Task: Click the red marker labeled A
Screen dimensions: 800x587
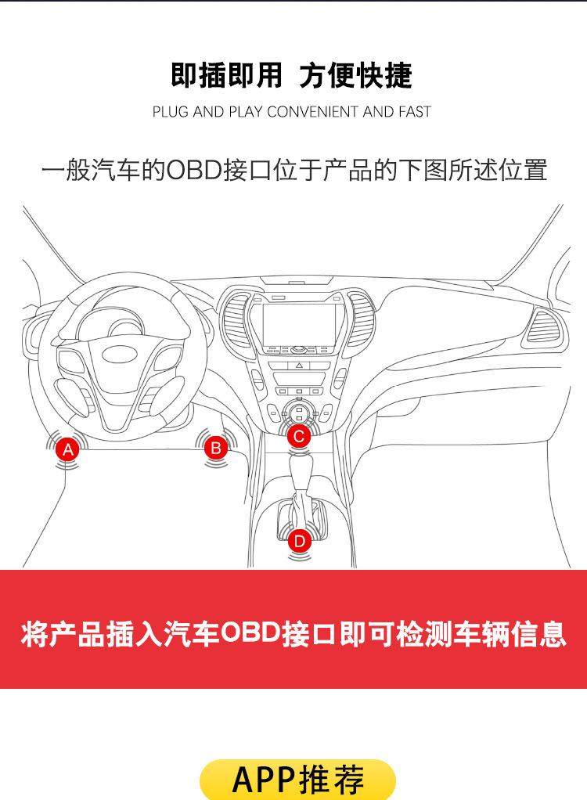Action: click(x=68, y=449)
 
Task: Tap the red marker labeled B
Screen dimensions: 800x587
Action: click(x=215, y=448)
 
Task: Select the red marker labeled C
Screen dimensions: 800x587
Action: click(x=298, y=436)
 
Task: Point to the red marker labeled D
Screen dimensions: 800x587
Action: click(x=299, y=541)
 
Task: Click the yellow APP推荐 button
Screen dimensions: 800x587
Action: click(x=297, y=779)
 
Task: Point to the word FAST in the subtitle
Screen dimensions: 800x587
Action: click(x=414, y=112)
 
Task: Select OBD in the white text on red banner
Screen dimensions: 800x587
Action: click(x=250, y=633)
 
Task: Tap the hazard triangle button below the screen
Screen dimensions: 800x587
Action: click(x=300, y=366)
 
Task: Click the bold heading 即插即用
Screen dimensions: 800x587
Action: click(x=226, y=75)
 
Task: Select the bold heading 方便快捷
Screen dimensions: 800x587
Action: click(x=355, y=75)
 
